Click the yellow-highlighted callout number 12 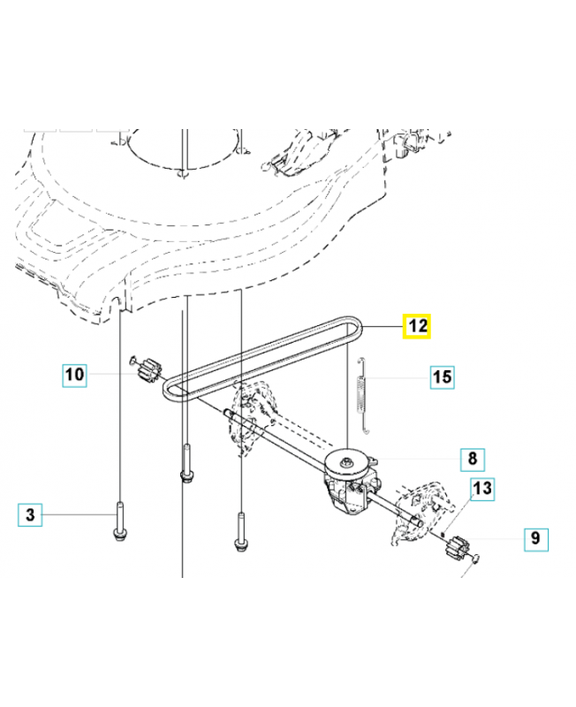coord(418,326)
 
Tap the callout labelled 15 coord(441,378)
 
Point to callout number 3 coord(29,513)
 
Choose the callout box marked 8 coord(472,459)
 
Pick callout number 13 coord(481,488)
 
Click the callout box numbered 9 coord(535,537)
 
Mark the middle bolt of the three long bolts coord(186,466)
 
